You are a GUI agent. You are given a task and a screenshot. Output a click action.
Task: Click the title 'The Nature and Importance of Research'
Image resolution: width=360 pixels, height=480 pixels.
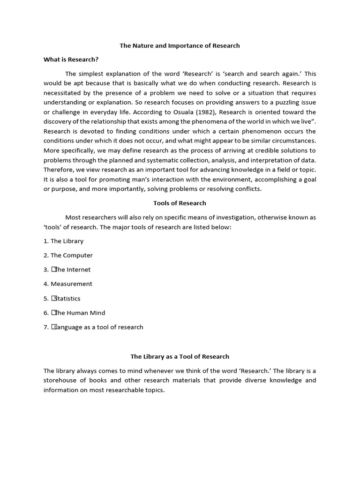click(180, 45)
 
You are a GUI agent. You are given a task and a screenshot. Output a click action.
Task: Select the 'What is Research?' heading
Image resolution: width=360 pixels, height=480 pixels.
click(71, 60)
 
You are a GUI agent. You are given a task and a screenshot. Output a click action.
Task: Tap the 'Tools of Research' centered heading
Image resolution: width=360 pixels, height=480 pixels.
click(180, 203)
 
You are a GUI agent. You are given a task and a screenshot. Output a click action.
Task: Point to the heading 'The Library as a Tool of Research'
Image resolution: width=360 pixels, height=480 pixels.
click(180, 357)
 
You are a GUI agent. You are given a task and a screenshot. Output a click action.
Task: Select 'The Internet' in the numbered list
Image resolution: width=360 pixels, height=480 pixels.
click(71, 270)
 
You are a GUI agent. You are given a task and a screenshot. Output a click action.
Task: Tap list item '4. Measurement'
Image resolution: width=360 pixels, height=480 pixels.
click(68, 284)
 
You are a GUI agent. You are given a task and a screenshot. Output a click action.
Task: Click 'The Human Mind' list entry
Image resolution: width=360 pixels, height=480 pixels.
click(78, 313)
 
